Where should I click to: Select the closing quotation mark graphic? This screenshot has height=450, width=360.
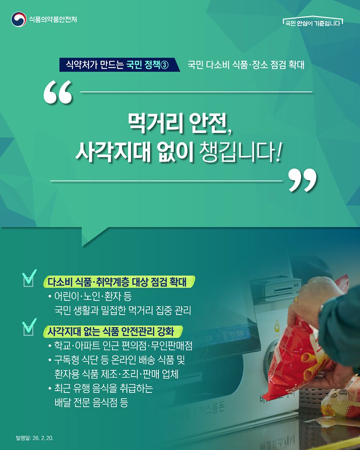coord(302,180)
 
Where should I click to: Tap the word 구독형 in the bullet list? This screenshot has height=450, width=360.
coord(67,360)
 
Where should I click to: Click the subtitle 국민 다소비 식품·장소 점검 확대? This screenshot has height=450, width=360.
coord(246,65)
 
